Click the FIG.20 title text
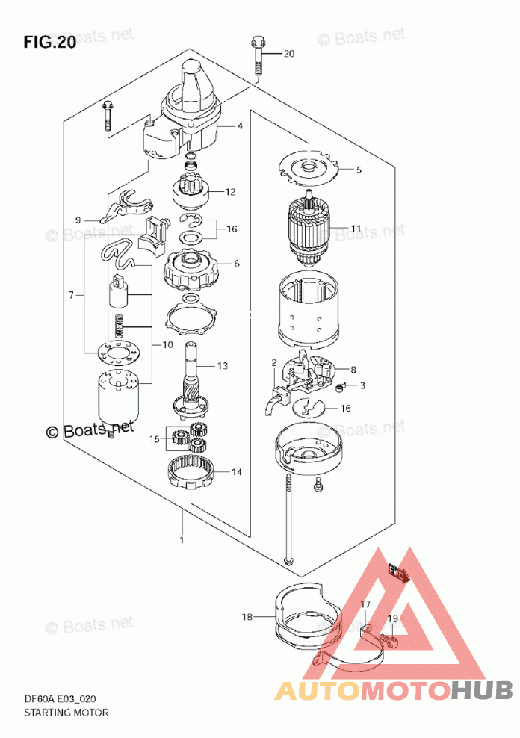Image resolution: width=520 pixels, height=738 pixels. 50,43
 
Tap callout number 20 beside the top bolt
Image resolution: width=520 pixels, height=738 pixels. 289,54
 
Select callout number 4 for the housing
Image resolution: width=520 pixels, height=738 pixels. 240,125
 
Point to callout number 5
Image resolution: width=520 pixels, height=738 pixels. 359,170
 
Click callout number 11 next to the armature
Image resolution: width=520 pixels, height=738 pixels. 356,229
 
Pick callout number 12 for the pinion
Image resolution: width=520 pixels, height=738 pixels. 230,192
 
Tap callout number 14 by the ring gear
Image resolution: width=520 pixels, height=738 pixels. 237,471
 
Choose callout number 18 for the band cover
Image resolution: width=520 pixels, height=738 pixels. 247,616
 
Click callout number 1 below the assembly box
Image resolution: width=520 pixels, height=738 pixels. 182,540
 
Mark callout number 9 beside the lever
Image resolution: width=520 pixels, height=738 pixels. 78,220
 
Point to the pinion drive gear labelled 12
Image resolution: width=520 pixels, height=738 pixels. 192,190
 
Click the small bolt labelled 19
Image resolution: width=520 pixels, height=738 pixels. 389,639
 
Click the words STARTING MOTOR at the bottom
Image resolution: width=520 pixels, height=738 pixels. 66,713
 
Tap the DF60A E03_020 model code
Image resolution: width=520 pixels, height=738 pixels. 60,699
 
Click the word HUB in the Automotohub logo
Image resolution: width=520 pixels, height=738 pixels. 481,690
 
